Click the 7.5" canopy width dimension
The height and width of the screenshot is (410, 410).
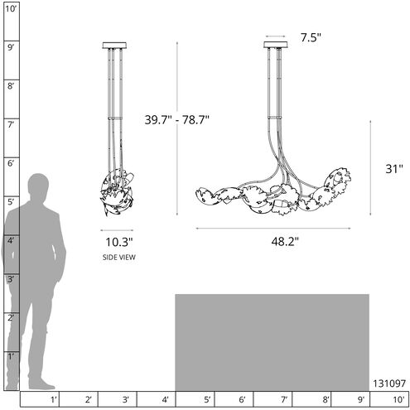311,37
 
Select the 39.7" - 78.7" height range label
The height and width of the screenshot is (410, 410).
177,120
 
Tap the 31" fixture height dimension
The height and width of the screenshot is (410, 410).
394,169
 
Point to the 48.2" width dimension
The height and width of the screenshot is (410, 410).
285,242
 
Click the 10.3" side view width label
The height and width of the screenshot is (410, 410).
119,242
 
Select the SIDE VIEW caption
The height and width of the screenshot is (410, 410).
119,258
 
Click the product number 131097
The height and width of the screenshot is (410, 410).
389,383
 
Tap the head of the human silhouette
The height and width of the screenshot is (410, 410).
38,186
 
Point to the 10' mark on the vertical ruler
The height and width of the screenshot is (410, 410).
11,9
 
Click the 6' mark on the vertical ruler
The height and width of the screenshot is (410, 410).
11,163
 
